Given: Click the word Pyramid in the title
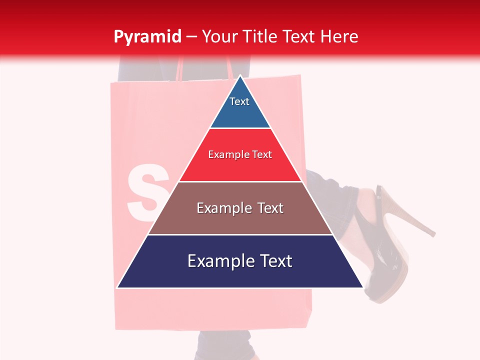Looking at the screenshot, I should tap(147, 37).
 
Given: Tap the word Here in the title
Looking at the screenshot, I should tap(339, 37).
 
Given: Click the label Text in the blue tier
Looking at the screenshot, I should tap(239, 101).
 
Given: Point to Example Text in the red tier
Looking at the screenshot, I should tap(240, 154).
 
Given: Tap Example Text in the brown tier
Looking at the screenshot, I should tap(240, 208).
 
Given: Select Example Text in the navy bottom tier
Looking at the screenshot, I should tap(240, 261).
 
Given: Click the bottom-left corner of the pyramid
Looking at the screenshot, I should tap(118, 287).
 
